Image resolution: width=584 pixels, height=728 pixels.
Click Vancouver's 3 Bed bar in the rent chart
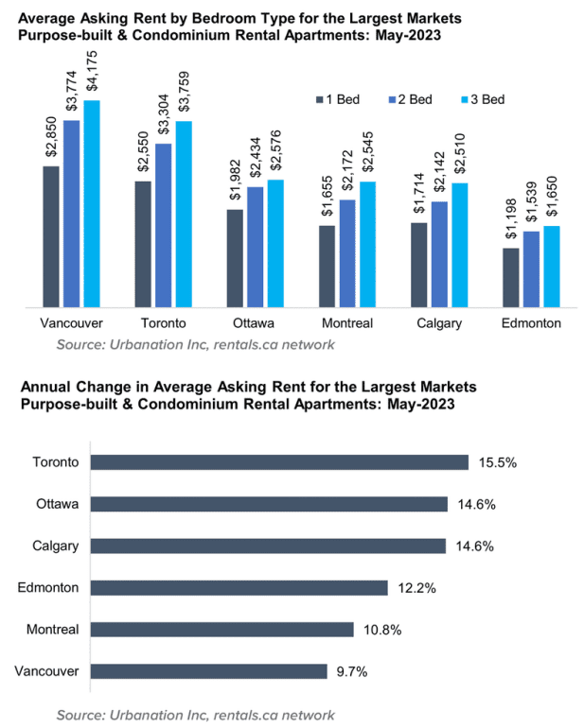tap(92, 203)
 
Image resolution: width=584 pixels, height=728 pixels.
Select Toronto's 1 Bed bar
tap(143, 244)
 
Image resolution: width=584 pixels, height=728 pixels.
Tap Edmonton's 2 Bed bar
tap(532, 269)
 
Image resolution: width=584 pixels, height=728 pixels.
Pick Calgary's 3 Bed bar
tap(460, 245)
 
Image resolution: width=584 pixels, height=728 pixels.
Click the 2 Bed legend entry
tap(408, 97)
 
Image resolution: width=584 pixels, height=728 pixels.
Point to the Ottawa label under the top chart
tap(255, 323)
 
